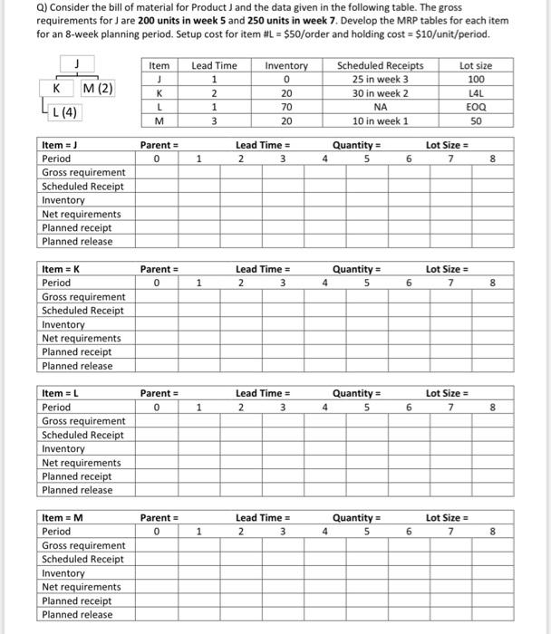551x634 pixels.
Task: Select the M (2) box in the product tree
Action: pyautogui.click(x=97, y=89)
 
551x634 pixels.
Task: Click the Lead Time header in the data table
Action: pyautogui.click(x=214, y=65)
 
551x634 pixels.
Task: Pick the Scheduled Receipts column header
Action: pyautogui.click(x=380, y=65)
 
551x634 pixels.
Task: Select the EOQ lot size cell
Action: pyautogui.click(x=476, y=106)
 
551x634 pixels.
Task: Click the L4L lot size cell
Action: pyautogui.click(x=476, y=92)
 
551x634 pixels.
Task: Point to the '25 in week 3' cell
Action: pyautogui.click(x=380, y=79)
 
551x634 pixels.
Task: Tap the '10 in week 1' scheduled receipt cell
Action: pyautogui.click(x=380, y=120)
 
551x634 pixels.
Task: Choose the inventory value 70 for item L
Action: pyautogui.click(x=286, y=106)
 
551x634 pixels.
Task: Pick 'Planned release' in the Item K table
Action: pyautogui.click(x=77, y=366)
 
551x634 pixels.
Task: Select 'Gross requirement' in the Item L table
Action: pyautogui.click(x=83, y=421)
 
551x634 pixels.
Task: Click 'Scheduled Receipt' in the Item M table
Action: pyautogui.click(x=82, y=559)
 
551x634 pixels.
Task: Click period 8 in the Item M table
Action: pyautogui.click(x=492, y=532)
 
